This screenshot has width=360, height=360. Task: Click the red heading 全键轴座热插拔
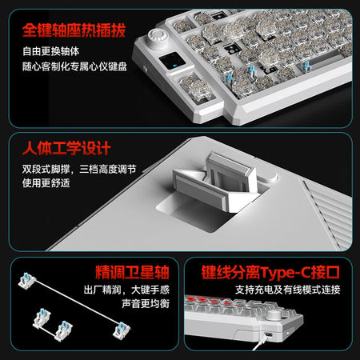(74, 30)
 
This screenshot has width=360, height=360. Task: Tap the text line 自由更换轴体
(51, 51)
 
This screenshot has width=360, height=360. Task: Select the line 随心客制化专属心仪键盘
(74, 66)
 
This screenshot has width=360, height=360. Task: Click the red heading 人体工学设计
(66, 148)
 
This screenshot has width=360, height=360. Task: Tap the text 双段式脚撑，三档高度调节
(79, 169)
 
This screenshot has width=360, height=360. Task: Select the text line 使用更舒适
(46, 183)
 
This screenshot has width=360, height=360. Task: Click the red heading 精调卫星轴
(132, 272)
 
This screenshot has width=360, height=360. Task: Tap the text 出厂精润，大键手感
(126, 290)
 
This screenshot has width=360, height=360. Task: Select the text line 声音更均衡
(146, 303)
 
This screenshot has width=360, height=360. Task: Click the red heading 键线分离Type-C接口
(270, 273)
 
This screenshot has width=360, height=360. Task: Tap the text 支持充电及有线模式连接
(288, 290)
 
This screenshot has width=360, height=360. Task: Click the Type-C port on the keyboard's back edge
(268, 334)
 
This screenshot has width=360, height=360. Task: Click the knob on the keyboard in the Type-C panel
(273, 314)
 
